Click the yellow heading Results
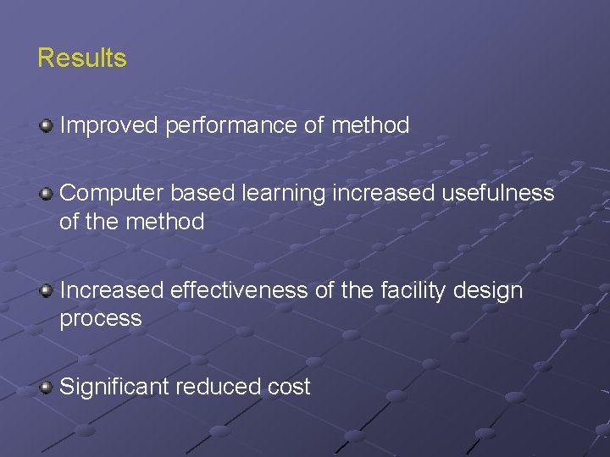coord(82,58)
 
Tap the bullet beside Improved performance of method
coord(47,126)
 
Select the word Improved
coord(109,126)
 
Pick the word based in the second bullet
coord(202,194)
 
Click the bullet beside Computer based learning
coord(47,194)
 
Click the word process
coord(101,319)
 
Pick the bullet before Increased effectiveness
coord(47,291)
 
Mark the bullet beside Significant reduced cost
coord(47,388)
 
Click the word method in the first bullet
coord(370,126)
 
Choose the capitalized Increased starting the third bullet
coord(112,290)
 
